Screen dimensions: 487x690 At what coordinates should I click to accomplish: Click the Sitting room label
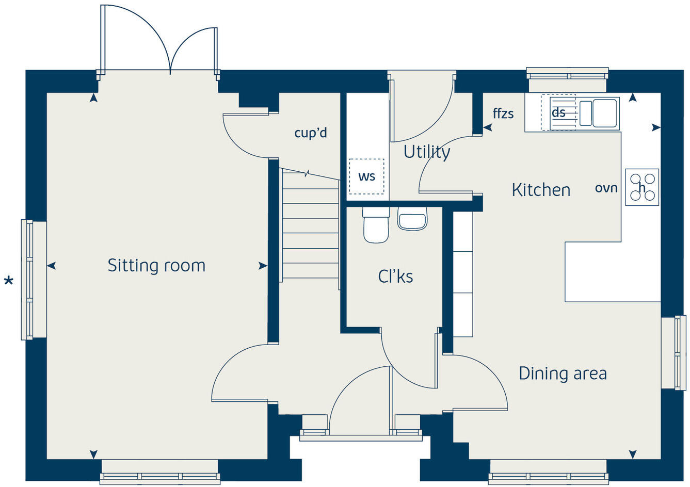pos(156,266)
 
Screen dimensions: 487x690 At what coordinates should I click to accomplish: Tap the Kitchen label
pos(541,190)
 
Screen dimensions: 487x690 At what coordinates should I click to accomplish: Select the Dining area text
pos(563,373)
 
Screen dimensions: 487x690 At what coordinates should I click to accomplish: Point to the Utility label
pos(426,152)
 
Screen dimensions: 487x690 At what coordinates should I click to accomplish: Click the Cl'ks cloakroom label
pos(395,277)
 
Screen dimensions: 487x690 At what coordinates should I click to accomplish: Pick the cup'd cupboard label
pos(311,133)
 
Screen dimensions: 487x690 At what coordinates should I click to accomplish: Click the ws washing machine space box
pos(366,176)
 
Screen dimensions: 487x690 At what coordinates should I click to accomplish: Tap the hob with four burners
pos(642,187)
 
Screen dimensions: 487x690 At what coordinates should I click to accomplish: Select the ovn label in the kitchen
pos(606,188)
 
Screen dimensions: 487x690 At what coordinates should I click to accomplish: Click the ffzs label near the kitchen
pos(503,113)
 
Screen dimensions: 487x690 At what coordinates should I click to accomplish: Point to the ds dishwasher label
pos(558,112)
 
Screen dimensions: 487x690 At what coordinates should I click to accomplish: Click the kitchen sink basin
pos(604,113)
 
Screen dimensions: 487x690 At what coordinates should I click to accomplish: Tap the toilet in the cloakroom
pos(376,225)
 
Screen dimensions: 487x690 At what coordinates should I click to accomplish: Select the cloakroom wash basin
pos(412,219)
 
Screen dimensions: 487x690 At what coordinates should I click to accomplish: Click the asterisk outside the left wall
pos(8,282)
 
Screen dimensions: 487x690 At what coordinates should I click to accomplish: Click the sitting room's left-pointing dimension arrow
pos(51,266)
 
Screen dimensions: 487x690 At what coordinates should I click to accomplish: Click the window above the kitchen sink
pos(567,74)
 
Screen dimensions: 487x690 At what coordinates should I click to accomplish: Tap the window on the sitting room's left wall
pos(27,280)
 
